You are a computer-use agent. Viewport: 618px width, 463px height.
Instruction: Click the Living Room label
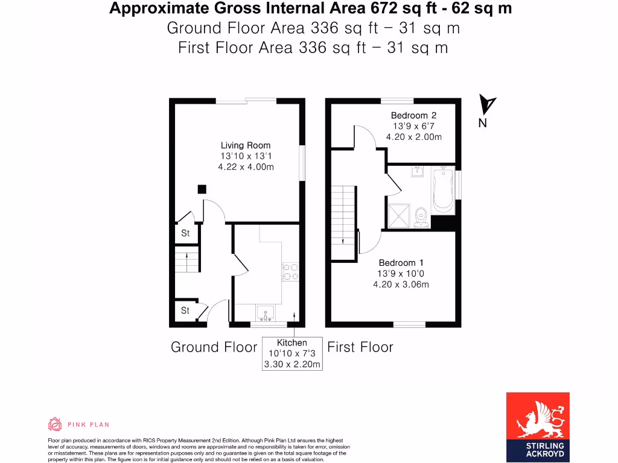tap(246, 145)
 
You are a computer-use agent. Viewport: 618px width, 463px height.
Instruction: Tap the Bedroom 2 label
tap(413, 115)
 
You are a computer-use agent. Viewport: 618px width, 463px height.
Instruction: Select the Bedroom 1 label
tap(401, 263)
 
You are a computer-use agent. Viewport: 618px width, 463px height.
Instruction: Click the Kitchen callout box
tap(292, 353)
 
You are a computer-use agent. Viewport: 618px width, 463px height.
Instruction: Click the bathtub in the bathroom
tap(443, 191)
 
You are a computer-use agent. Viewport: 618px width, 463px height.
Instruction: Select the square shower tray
tap(399, 215)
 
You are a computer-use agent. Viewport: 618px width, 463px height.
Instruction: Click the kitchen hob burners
tap(290, 272)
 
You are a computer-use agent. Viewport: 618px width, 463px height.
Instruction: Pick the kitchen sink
tap(266, 313)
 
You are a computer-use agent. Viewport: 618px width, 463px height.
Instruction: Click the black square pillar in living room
tap(202, 189)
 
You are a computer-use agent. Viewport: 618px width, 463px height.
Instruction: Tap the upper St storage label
tap(185, 233)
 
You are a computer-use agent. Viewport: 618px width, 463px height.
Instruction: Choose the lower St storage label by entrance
tap(185, 310)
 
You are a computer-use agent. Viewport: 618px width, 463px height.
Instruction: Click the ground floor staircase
tap(186, 259)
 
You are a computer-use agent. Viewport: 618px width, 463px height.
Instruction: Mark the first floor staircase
tap(343, 223)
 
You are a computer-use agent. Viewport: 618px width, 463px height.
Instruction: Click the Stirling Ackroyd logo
tap(538, 427)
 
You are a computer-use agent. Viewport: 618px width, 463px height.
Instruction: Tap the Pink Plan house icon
tap(55, 424)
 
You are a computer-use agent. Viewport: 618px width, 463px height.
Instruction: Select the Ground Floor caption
tap(214, 347)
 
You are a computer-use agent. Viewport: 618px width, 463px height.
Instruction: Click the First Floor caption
tap(360, 347)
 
